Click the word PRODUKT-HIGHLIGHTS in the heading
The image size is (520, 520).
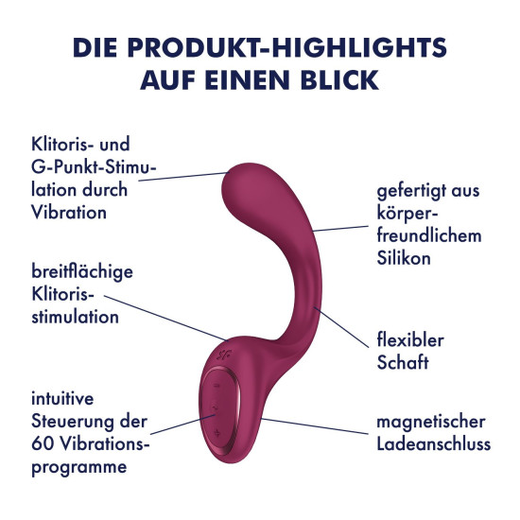tap(286, 47)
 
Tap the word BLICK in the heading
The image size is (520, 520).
tap(339, 80)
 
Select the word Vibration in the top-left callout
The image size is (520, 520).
tap(69, 212)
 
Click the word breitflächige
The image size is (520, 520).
tap(82, 272)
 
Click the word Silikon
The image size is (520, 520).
tap(404, 258)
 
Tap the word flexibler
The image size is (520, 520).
tap(410, 340)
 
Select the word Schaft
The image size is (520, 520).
tap(403, 362)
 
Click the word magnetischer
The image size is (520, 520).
tap(431, 423)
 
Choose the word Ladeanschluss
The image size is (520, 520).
tap(433, 444)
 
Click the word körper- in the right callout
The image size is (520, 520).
tap(407, 214)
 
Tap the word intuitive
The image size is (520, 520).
tap(62, 398)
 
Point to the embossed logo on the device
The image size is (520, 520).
tap(224, 355)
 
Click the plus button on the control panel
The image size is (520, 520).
tap(217, 432)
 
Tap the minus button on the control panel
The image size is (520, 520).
tap(217, 386)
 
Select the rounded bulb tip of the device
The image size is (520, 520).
tap(247, 190)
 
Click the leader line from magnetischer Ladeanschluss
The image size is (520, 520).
tap(315, 426)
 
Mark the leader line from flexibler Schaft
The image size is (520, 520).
tap(341, 327)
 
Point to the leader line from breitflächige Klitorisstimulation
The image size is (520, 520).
tap(166, 318)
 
